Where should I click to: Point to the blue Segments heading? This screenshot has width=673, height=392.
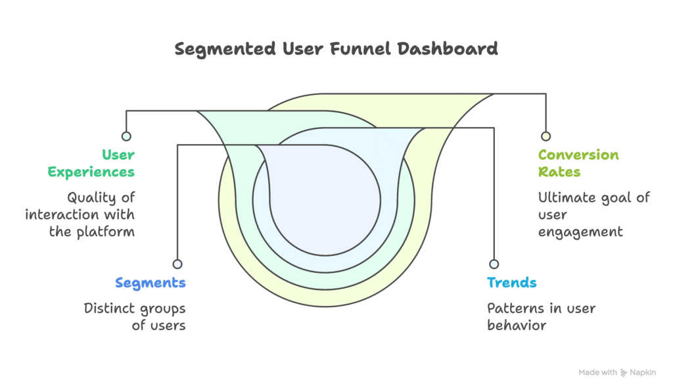coord(150,283)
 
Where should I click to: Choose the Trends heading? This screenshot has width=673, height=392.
coord(511,283)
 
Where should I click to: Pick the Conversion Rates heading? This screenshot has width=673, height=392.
coord(578,163)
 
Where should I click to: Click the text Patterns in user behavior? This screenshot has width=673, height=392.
coord(541,316)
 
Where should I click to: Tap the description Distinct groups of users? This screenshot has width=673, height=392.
coord(135,316)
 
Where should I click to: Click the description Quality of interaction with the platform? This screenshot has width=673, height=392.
coord(80,214)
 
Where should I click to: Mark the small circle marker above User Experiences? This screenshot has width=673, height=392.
coord(126,136)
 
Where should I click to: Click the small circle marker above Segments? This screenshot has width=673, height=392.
coord(177,264)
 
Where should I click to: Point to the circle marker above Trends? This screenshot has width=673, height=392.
coord(493,264)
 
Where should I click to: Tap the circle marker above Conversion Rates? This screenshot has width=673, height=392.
coord(545,136)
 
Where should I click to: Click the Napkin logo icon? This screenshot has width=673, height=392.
coord(624,372)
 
